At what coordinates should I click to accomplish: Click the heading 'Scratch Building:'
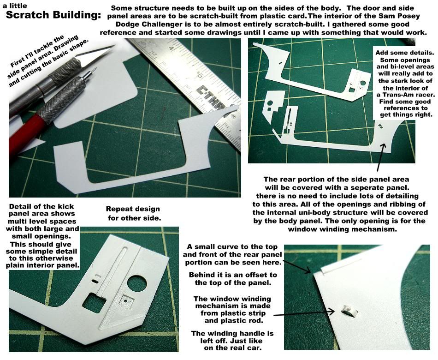point(53,15)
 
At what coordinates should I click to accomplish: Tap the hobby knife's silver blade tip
point(114,46)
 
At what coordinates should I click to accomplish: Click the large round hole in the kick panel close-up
point(137,284)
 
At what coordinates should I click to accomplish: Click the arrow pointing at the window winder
point(304,313)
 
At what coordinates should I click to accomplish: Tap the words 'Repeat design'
point(133,209)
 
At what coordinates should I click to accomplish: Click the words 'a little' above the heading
point(15,6)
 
